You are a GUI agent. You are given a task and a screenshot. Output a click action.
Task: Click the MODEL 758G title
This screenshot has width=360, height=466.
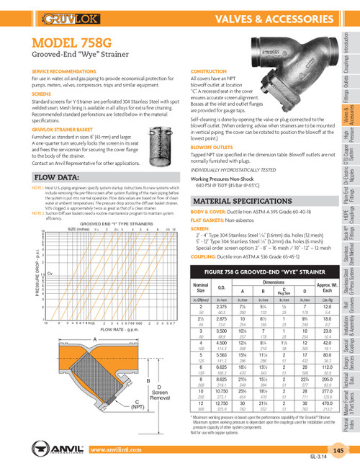point(74,42)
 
